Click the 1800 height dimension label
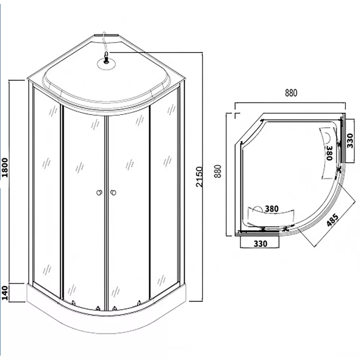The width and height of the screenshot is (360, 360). click(x=5, y=168)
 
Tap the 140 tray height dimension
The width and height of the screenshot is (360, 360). click(x=5, y=293)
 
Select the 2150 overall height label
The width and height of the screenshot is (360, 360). click(x=199, y=177)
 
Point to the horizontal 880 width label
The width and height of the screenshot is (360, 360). click(x=291, y=93)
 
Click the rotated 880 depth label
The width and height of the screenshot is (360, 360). click(x=218, y=171)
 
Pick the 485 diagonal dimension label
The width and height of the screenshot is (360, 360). click(x=333, y=220)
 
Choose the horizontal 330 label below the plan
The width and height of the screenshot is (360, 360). click(x=260, y=244)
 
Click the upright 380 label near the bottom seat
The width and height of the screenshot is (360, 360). click(x=271, y=209)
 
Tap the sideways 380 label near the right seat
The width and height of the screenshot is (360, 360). click(x=329, y=153)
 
